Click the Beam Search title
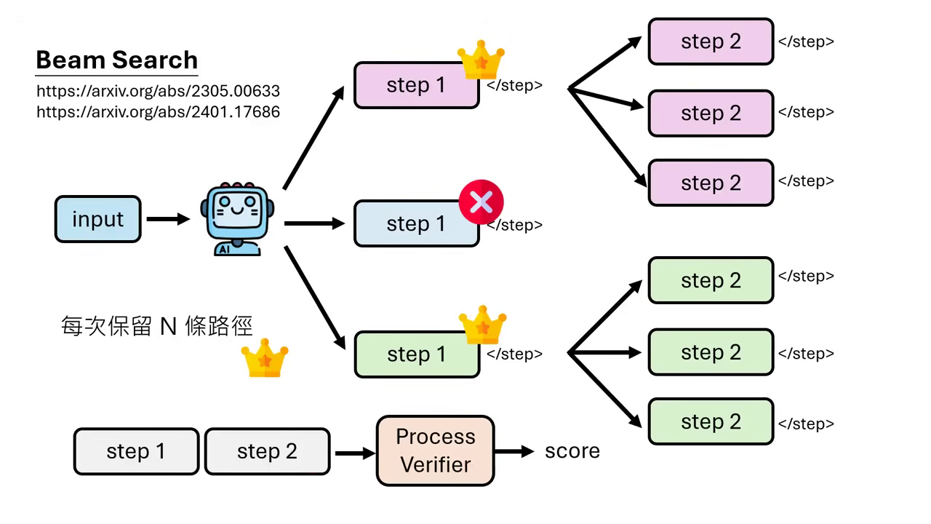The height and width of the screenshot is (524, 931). (x=116, y=60)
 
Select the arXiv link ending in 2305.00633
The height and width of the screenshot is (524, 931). (x=158, y=92)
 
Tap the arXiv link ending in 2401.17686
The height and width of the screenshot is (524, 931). (x=158, y=112)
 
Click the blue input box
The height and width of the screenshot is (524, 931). (x=97, y=219)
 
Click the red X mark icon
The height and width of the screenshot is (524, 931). (x=481, y=202)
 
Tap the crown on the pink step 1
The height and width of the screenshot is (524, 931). (x=481, y=60)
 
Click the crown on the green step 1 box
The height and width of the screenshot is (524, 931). (x=482, y=325)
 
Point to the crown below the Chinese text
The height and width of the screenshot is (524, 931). (x=265, y=357)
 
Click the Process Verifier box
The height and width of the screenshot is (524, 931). (x=435, y=450)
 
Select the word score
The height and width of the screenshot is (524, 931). (x=572, y=451)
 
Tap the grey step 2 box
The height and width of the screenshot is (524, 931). (x=267, y=451)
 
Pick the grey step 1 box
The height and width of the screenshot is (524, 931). (x=136, y=451)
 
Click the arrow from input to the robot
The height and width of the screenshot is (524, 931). (x=168, y=219)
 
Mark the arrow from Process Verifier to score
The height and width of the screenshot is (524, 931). (x=515, y=451)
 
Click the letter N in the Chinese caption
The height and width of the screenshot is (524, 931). (x=168, y=327)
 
